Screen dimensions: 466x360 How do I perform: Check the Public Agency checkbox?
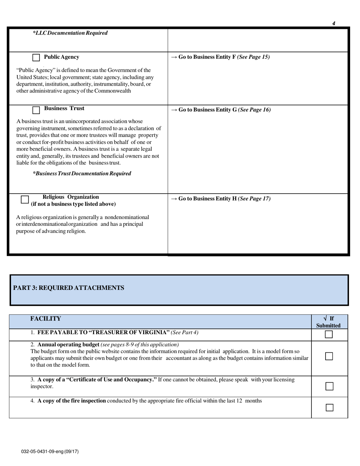click(36, 58)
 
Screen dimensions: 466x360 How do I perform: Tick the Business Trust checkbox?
click(36, 110)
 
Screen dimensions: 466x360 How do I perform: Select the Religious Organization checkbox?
click(25, 199)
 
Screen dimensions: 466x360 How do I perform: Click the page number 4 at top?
click(333, 23)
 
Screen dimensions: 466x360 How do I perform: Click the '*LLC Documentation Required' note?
click(70, 33)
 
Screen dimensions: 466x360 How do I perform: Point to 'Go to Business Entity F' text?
click(221, 57)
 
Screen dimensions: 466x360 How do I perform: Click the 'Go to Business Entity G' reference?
click(221, 110)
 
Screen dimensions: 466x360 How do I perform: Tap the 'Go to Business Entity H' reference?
click(221, 199)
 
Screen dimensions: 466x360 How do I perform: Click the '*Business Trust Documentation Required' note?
click(82, 174)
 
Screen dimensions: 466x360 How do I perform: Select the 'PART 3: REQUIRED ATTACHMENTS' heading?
click(69, 288)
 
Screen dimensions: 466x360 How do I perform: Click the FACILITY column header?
click(45, 319)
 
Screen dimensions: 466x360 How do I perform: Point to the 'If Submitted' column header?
click(328, 322)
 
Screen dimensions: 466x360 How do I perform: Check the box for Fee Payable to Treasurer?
click(329, 334)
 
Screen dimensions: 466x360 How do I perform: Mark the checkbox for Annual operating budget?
click(329, 357)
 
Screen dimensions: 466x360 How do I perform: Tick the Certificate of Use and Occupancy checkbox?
click(329, 386)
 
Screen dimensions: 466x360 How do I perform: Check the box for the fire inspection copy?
click(329, 407)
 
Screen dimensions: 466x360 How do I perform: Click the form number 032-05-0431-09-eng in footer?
click(50, 452)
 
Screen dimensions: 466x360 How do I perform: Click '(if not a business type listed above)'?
click(74, 204)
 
